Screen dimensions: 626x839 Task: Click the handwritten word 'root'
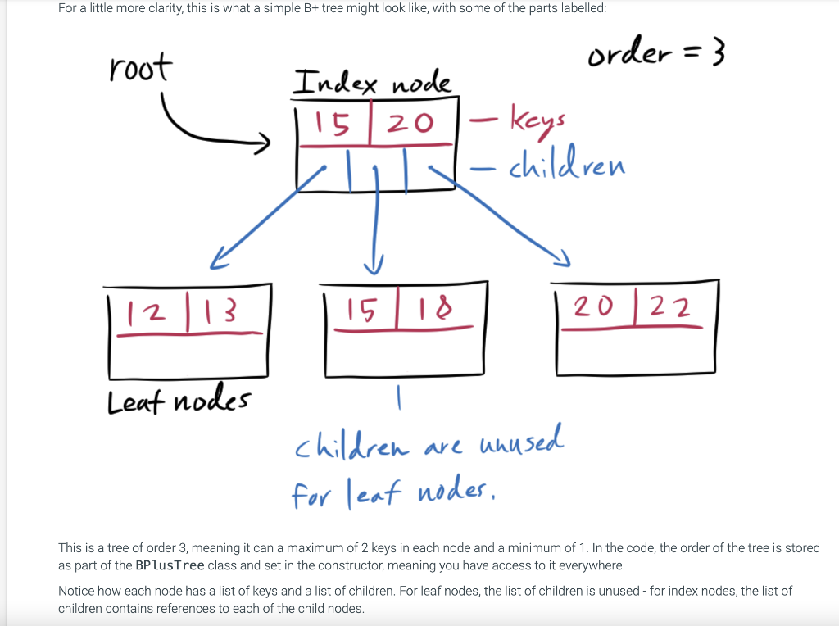[140, 69]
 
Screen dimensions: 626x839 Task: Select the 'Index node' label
[372, 83]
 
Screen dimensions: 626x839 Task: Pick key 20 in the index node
[409, 124]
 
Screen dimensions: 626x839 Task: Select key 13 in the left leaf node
[220, 311]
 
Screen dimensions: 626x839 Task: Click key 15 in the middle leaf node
[362, 310]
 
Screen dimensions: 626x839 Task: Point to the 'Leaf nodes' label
[179, 401]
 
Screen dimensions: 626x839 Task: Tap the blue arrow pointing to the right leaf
[508, 217]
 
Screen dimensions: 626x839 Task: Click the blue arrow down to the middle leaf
[376, 221]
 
